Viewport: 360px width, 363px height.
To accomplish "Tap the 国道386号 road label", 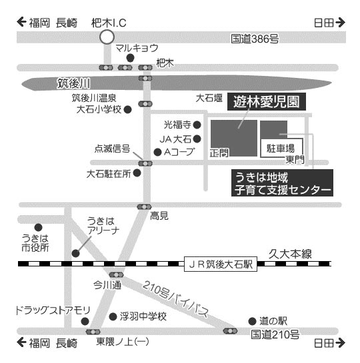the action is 255,39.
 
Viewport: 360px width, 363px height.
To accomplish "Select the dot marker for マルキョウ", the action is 130,58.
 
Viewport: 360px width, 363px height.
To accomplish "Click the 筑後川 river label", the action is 74,83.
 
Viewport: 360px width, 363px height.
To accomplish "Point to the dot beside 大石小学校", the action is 127,109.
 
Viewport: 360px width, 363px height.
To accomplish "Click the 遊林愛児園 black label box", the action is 267,102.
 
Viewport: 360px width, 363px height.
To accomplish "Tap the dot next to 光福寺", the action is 197,125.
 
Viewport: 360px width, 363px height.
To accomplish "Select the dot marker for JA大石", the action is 197,139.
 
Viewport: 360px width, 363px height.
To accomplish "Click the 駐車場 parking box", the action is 281,148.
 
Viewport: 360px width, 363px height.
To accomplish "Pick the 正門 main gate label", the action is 219,153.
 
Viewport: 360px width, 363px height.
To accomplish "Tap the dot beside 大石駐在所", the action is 137,173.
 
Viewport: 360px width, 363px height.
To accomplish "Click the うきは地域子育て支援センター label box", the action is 282,183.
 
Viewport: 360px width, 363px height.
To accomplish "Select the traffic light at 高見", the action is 144,206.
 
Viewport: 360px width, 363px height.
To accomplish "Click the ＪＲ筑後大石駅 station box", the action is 221,264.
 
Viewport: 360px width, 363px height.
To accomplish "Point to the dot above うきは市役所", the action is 39,227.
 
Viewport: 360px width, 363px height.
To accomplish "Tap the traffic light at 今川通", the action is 116,275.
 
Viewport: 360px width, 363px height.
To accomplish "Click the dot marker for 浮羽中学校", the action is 113,316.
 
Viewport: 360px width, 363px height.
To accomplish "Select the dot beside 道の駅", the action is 252,321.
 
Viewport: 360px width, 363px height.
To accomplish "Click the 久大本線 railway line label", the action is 290,254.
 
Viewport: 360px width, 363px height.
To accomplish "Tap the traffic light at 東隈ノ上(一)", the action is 93,332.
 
